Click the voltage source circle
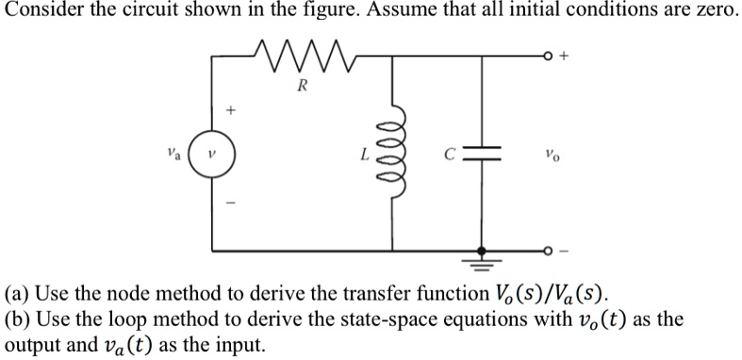211,154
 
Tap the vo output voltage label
551,154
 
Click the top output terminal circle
551,56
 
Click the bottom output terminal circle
551,252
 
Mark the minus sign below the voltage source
226,201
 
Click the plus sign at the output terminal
566,56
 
